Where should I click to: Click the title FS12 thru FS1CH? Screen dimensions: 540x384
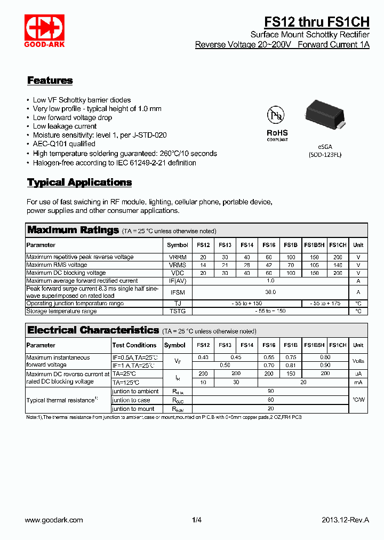tap(317, 21)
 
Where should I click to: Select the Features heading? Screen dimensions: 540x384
tap(50, 81)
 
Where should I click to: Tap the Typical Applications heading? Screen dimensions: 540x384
tap(79, 182)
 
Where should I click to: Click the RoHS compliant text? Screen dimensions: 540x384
tap(277, 135)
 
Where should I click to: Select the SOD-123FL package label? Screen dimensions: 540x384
tap(325, 155)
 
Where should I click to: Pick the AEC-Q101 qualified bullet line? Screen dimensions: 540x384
tap(64, 144)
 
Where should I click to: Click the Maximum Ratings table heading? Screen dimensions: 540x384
tap(73, 230)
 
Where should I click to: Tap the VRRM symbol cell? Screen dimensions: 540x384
tap(178, 257)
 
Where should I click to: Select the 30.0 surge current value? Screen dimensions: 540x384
tap(270, 292)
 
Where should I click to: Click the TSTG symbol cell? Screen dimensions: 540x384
tap(178, 311)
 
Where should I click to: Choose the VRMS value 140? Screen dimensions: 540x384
tap(338, 265)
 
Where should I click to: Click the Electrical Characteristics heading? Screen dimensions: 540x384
tap(93, 330)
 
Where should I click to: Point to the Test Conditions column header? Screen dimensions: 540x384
tap(134, 345)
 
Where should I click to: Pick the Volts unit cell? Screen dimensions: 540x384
tap(358, 361)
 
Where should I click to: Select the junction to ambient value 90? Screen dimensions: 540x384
tap(270, 391)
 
